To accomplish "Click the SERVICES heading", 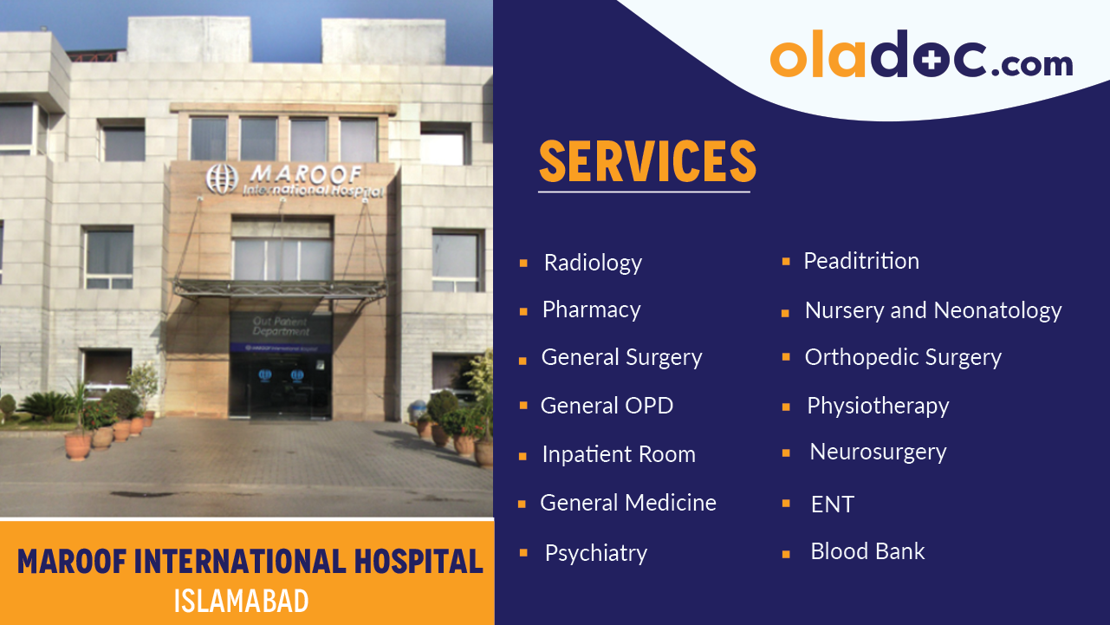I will click(x=647, y=161).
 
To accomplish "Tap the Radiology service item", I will click(x=593, y=263).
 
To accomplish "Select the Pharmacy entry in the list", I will click(x=591, y=310).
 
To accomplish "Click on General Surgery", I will click(x=621, y=357).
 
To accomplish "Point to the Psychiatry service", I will click(x=595, y=553).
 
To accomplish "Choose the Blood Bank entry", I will click(x=867, y=551).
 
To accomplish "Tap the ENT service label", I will click(x=832, y=505).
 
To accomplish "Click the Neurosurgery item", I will click(x=878, y=452).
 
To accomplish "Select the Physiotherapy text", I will click(x=878, y=406).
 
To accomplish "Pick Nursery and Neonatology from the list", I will click(x=932, y=310).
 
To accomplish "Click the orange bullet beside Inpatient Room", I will click(x=523, y=455).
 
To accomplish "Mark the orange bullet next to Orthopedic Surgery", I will click(x=786, y=357).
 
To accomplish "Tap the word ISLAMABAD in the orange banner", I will click(x=241, y=601).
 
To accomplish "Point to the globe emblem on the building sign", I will click(x=221, y=179).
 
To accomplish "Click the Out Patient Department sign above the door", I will click(x=281, y=326).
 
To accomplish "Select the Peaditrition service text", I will click(x=860, y=261).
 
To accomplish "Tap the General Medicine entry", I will click(x=627, y=503).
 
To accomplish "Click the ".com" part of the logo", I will click(x=1031, y=63).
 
